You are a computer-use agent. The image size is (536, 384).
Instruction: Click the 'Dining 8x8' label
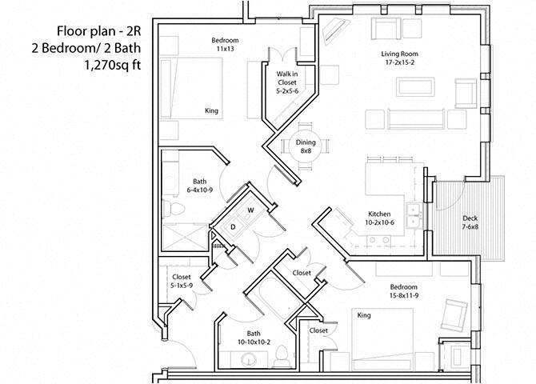point(306,146)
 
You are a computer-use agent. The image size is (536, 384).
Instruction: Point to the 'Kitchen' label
point(378,214)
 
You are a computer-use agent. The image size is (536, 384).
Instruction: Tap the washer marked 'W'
point(250,211)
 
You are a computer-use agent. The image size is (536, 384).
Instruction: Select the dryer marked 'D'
point(233,226)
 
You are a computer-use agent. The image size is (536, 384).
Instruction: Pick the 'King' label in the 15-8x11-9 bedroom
point(364,314)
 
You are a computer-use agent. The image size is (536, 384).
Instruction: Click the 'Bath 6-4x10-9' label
point(200,186)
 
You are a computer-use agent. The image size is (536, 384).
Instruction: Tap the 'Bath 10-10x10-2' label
point(254,338)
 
